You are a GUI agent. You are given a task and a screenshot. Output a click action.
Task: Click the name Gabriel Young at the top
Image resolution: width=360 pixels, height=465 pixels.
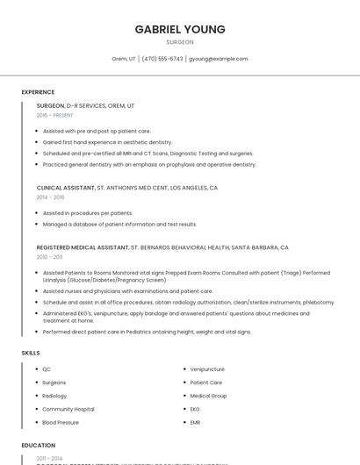[180, 29]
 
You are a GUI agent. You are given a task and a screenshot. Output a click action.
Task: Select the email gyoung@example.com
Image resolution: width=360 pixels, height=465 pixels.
[219, 59]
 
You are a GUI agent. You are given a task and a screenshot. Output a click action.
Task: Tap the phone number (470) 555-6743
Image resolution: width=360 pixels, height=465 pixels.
[162, 59]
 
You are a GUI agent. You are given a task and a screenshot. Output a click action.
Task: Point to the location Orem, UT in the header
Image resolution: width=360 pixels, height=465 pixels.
[124, 59]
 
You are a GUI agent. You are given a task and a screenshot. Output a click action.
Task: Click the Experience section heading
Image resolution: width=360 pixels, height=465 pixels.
[38, 92]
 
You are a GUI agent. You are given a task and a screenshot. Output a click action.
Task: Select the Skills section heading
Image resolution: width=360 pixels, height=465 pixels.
[31, 353]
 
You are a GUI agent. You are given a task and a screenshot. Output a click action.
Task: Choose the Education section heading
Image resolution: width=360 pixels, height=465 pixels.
[39, 446]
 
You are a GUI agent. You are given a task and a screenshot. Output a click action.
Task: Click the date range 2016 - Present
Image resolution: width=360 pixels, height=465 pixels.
[54, 115]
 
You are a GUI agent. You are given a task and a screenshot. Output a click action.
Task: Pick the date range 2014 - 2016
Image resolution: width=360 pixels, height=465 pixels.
[50, 197]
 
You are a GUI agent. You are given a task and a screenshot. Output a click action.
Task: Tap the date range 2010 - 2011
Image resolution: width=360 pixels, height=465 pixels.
[49, 257]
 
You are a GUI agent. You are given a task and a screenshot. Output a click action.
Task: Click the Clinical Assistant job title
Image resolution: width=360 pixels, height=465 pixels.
[65, 188]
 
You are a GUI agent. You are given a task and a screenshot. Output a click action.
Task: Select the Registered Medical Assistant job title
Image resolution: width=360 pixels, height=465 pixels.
[83, 247]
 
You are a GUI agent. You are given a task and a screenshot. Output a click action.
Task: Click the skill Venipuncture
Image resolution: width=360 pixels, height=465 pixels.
[207, 369]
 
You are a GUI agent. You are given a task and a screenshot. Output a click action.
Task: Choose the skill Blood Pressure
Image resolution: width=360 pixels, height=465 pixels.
[61, 422]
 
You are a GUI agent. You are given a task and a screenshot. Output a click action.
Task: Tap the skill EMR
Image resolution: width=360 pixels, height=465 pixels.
[196, 422]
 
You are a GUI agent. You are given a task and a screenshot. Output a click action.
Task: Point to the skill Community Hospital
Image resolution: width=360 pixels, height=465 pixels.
[68, 409]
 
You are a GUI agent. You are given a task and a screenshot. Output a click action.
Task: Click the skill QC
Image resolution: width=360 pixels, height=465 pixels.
[47, 369]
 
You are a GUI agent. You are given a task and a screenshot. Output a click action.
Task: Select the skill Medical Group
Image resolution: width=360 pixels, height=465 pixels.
[208, 396]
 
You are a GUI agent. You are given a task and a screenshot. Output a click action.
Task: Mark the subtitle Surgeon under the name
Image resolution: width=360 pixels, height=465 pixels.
[180, 42]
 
